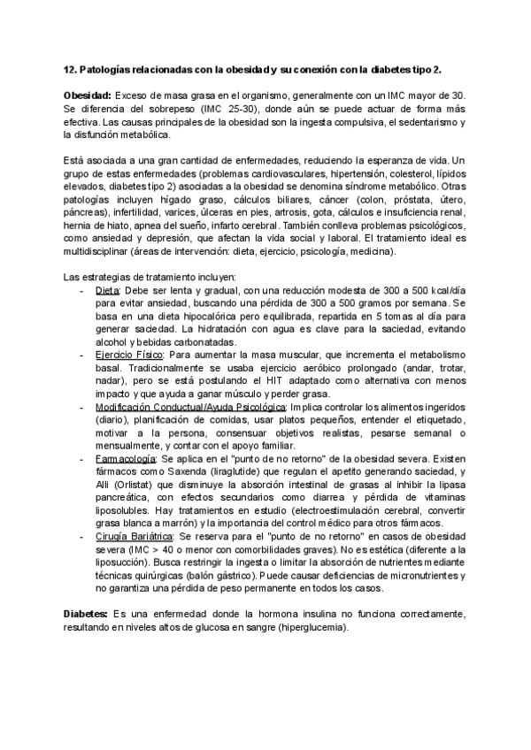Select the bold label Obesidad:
(x=87, y=95)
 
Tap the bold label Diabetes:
(x=86, y=588)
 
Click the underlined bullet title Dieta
(x=108, y=290)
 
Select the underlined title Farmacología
(x=124, y=460)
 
